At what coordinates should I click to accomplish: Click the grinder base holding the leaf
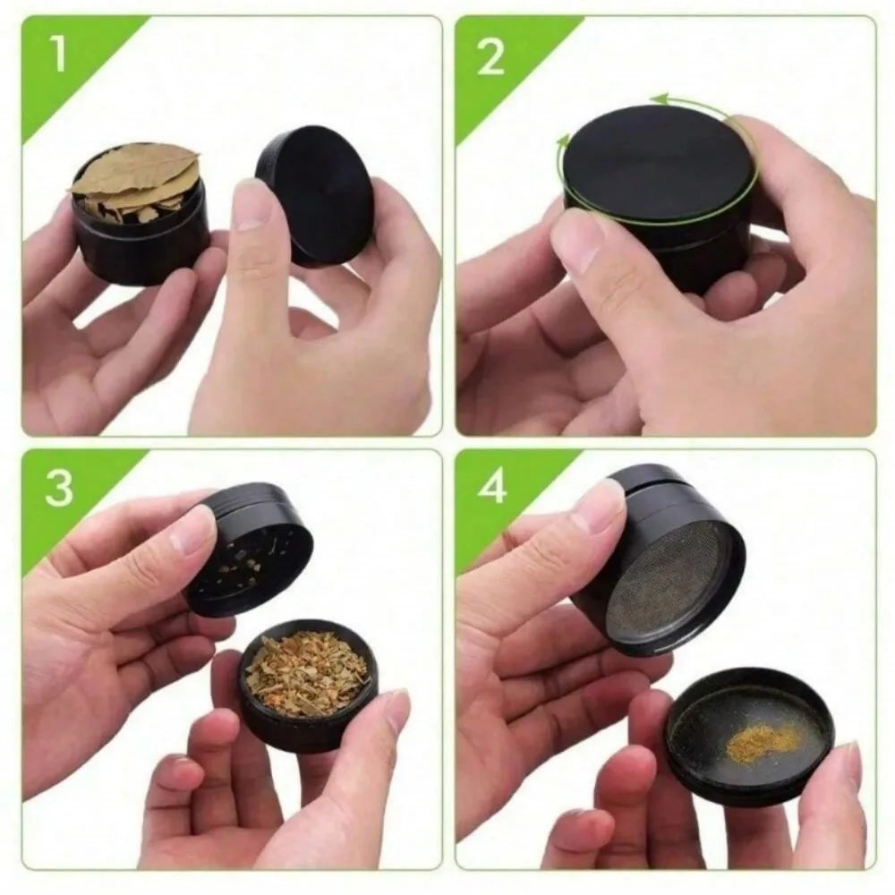139,246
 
